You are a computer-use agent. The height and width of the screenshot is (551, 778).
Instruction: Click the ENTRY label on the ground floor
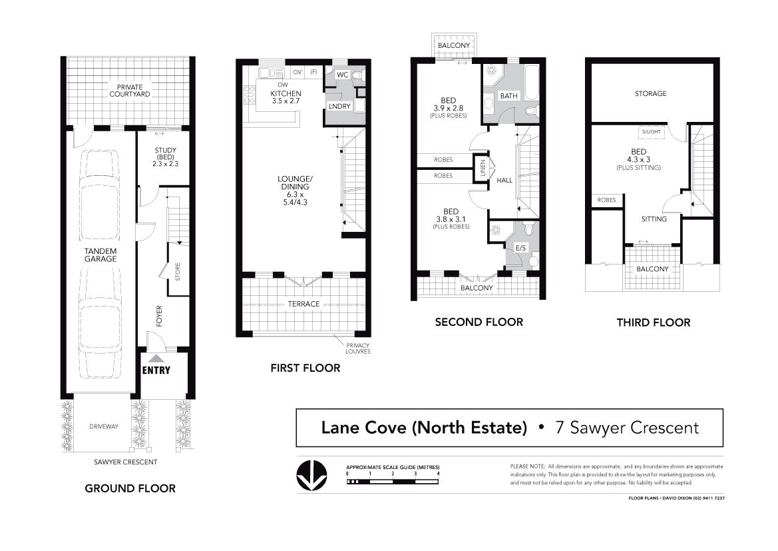(156, 370)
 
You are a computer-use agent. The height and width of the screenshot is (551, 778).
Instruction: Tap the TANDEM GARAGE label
(100, 255)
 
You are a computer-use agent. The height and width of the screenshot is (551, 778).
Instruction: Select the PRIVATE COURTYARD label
(130, 91)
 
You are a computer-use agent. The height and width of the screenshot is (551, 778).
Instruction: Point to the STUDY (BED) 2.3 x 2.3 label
(165, 157)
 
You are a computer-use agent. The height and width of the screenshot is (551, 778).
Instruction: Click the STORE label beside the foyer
(178, 272)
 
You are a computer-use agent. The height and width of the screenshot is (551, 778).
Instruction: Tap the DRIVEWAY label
(104, 426)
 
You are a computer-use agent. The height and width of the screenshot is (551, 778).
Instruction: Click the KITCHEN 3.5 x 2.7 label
(286, 97)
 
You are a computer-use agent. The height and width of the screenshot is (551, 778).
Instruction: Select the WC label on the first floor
(342, 75)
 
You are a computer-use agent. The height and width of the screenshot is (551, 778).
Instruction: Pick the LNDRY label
(339, 107)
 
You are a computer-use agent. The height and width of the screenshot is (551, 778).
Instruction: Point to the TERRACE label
(303, 304)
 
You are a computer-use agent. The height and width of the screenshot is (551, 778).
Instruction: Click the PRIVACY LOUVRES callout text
(358, 348)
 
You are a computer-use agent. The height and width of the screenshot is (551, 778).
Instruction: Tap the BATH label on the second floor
(508, 96)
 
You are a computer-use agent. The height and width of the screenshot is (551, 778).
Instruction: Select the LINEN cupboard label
(483, 168)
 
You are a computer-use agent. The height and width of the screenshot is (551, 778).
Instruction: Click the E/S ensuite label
(520, 248)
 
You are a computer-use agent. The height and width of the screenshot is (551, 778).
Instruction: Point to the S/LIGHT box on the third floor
(652, 132)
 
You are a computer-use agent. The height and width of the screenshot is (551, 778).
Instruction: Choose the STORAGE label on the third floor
(650, 93)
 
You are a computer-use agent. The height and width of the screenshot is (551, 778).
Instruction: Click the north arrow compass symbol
(311, 475)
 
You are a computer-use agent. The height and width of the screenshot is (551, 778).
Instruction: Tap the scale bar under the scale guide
(393, 482)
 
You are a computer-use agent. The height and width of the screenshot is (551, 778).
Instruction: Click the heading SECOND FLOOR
(479, 322)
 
